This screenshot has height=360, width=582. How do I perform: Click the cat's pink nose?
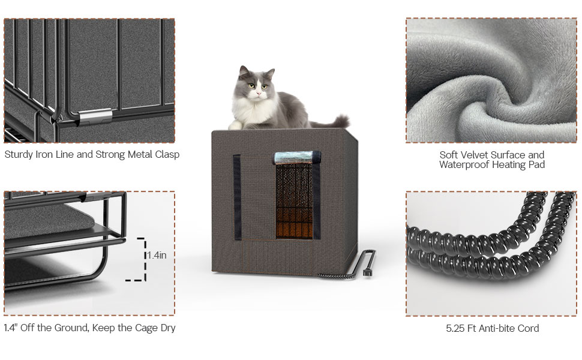258,92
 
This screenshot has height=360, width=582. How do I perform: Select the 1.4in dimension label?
157,256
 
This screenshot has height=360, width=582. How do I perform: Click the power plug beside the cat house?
367,272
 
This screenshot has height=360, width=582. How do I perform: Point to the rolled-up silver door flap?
297,157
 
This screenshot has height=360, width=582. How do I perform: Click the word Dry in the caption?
168,328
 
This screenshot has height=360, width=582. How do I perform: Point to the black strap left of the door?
237,197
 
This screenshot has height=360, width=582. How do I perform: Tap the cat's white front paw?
235,126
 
